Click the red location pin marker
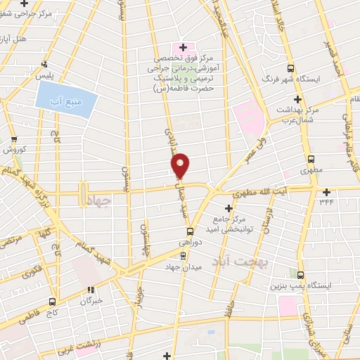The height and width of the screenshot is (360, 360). click(180, 165)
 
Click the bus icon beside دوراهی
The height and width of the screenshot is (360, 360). click(190, 231)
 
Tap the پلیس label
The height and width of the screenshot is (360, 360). click(25, 73)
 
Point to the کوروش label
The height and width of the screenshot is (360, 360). click(15, 150)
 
